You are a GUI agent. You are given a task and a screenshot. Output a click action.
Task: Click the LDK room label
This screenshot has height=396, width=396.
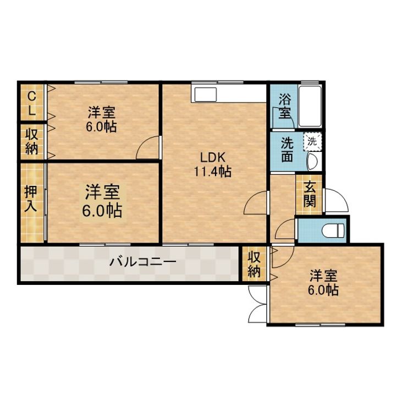tap(212, 158)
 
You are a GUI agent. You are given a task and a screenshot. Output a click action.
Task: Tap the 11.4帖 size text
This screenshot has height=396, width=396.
tap(212, 172)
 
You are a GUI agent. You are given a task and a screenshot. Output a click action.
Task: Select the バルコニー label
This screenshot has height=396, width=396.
tap(142, 262)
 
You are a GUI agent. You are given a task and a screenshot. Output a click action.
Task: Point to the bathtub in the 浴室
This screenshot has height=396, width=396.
tap(310, 106)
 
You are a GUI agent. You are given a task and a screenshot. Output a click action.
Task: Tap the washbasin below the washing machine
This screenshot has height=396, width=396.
tap(313, 161)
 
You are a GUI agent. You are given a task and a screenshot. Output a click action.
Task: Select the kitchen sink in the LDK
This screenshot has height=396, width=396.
tap(204, 95)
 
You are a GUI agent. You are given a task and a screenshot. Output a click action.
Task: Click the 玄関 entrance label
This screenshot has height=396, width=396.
tap(310, 194)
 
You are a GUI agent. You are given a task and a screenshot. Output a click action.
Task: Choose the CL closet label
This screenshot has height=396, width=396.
tap(31, 103)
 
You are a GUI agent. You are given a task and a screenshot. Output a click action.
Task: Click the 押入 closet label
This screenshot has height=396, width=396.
tap(31, 199)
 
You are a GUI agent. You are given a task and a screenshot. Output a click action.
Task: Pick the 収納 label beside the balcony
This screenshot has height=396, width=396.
tap(254, 265)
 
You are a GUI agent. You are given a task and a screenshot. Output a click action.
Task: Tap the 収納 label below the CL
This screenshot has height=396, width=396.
tap(32, 142)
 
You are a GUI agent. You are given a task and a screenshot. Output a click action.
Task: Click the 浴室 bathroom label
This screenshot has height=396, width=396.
tap(285, 106)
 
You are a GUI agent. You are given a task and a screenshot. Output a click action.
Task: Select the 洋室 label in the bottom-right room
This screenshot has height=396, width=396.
tap(323, 276)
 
